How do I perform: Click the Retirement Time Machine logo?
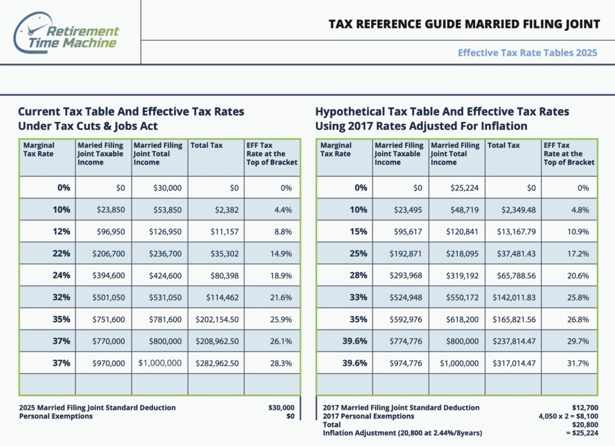[66, 33]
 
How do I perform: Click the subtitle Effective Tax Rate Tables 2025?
[527, 53]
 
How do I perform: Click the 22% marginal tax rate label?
[61, 254]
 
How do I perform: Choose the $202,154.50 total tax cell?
[217, 320]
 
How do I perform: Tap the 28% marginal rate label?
[359, 276]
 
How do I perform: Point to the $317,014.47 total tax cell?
[514, 363]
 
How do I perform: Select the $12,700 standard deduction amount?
[585, 408]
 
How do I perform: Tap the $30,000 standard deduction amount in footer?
[281, 408]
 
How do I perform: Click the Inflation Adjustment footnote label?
[402, 433]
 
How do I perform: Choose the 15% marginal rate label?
[359, 231]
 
